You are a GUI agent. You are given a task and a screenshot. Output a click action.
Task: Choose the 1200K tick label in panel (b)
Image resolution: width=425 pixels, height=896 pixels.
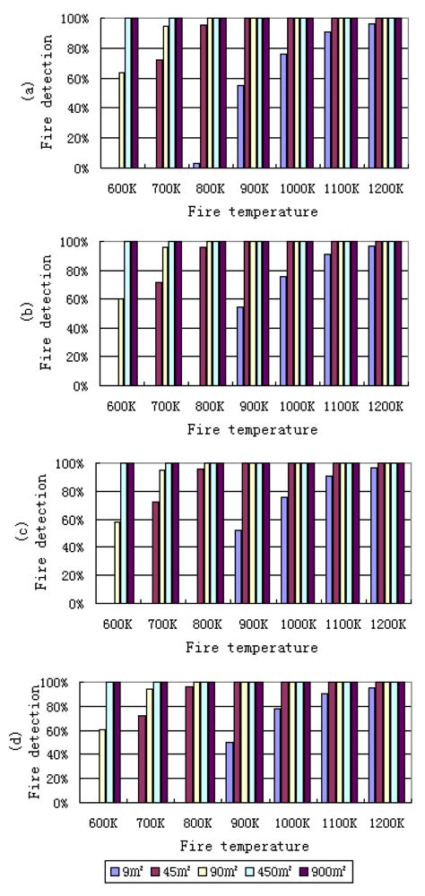pos(385,405)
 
